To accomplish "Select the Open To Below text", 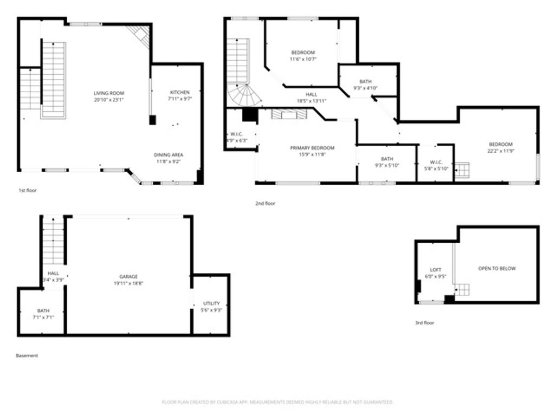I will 497,269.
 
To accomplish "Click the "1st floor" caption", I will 28,191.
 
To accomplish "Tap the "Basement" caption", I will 27,356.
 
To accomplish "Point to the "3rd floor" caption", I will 424,323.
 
